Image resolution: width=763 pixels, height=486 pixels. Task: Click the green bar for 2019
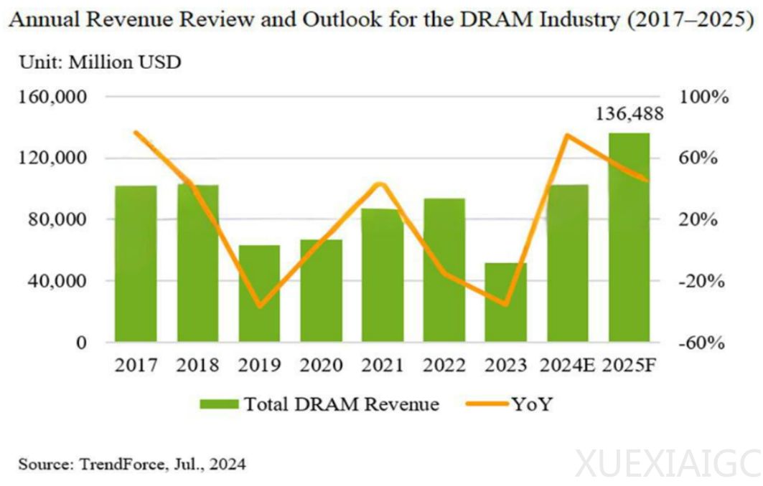point(259,294)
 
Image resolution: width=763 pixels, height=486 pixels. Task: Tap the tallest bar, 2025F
point(629,237)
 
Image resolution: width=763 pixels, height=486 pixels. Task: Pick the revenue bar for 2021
point(383,275)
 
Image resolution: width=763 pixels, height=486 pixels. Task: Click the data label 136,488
point(629,115)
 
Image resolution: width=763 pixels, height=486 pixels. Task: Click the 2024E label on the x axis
point(567,366)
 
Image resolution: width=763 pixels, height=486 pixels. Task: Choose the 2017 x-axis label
point(136,366)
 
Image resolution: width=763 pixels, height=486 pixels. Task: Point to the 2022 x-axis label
point(444,366)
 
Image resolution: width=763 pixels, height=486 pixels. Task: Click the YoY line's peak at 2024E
point(567,135)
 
